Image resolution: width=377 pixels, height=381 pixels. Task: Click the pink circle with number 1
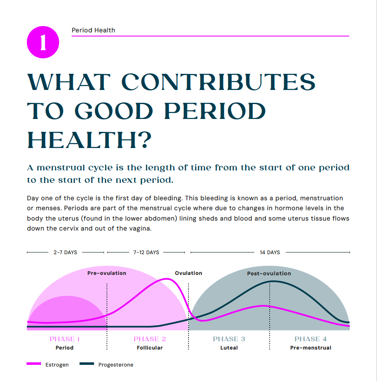[x=43, y=43]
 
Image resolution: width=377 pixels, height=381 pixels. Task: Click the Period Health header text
[x=93, y=30]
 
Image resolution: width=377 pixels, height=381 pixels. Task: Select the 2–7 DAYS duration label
[x=65, y=252]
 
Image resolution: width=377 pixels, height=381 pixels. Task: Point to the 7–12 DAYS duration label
[x=146, y=252]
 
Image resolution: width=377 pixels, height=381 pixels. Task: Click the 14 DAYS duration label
[x=270, y=252]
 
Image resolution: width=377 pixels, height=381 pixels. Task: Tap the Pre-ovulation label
[x=106, y=273]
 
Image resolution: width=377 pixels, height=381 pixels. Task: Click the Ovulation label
[x=188, y=273]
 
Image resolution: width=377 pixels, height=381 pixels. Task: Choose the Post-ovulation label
[x=269, y=274]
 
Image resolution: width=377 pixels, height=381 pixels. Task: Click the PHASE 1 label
[x=65, y=339]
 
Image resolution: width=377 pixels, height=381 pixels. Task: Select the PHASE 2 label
[x=150, y=339]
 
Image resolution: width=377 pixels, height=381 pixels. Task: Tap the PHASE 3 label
[x=229, y=339]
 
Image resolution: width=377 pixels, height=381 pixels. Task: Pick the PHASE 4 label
[x=310, y=339]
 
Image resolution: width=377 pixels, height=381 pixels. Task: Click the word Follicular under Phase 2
[x=150, y=348]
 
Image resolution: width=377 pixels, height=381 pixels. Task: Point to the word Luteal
[x=229, y=348]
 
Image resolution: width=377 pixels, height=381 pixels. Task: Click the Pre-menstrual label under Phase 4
[x=310, y=348]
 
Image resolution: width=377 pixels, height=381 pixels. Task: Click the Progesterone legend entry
[x=116, y=365]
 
